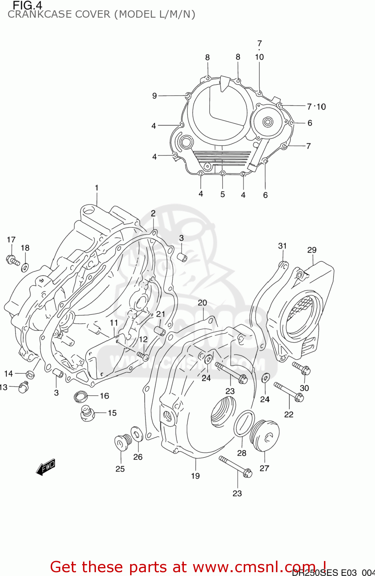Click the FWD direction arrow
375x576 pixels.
click(x=46, y=467)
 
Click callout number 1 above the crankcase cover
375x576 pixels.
click(x=97, y=188)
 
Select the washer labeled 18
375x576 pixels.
click(x=25, y=266)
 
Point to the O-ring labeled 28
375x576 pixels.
click(x=244, y=423)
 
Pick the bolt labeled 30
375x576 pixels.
click(x=302, y=368)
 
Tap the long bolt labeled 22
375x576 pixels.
click(x=289, y=392)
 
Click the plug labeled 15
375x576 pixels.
click(x=87, y=414)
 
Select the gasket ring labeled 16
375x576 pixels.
click(x=81, y=396)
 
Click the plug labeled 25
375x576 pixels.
click(x=123, y=442)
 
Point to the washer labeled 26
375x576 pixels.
click(x=137, y=434)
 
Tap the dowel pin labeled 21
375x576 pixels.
click(x=160, y=331)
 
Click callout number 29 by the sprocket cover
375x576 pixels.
click(x=312, y=250)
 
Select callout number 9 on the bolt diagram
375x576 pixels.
click(x=154, y=96)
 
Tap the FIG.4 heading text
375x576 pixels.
click(x=27, y=5)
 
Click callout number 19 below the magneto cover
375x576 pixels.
click(x=195, y=476)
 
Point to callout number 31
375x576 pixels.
click(x=282, y=246)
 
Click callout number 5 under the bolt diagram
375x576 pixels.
click(x=223, y=194)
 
